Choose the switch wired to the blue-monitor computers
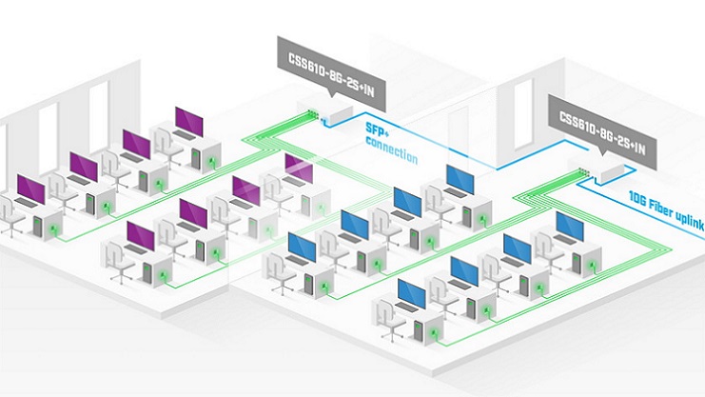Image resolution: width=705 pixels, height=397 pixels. [x=605, y=169]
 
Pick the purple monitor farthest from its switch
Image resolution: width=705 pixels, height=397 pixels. [x=35, y=190]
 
